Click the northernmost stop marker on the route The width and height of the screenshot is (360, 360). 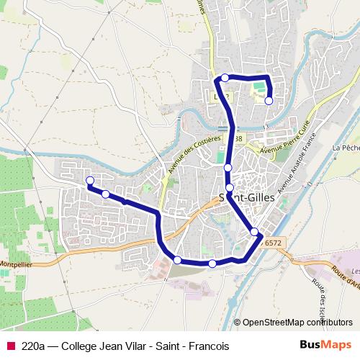pyautogui.click(x=225, y=78)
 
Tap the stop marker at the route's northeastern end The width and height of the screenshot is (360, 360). pyautogui.click(x=269, y=102)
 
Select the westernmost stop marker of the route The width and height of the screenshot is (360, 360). pyautogui.click(x=90, y=180)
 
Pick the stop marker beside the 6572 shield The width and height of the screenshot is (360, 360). pyautogui.click(x=255, y=231)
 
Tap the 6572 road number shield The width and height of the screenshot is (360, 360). pyautogui.click(x=273, y=243)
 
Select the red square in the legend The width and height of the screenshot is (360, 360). pyautogui.click(x=9, y=346)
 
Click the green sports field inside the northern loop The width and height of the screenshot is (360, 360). pyautogui.click(x=258, y=86)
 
